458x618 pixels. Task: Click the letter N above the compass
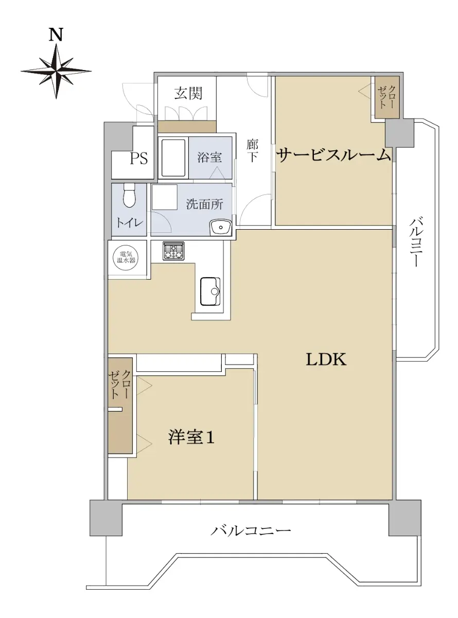[x=56, y=35]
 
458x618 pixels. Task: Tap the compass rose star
[x=56, y=72]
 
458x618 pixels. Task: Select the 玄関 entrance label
[x=188, y=93]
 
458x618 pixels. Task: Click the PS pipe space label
[x=138, y=159]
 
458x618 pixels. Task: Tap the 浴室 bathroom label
[x=209, y=157]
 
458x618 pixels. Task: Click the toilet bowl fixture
[x=128, y=195]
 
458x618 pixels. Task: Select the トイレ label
[x=130, y=223]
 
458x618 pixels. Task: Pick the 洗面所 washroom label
[x=204, y=205]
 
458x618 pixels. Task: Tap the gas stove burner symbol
[x=174, y=251]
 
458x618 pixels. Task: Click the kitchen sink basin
[x=210, y=291]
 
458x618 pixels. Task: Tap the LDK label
[x=326, y=359]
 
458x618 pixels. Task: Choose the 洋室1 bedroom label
[x=191, y=437]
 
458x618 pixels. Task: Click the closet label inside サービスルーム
[x=386, y=97]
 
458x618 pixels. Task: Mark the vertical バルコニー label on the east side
[x=417, y=243]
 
